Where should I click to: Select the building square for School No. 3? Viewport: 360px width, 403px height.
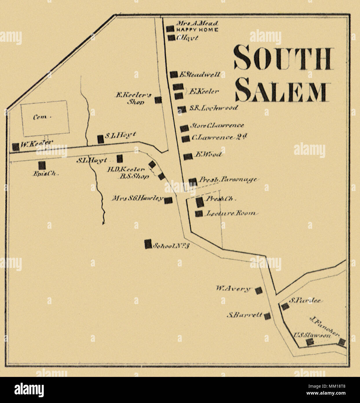coord(148,244)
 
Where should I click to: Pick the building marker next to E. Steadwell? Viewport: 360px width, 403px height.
coord(173,74)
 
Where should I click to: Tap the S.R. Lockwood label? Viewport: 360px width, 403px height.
coord(213,108)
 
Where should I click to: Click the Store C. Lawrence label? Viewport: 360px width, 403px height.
coord(217,126)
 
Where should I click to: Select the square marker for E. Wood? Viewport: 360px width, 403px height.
coord(188,157)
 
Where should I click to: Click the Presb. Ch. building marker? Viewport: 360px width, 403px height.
coord(200,202)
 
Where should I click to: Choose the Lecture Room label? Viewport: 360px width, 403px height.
coord(231,213)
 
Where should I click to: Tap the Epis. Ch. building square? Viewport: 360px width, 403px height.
coord(42,165)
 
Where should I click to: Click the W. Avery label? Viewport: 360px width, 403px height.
coord(233,288)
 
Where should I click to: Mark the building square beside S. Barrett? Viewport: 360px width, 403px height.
coord(268,316)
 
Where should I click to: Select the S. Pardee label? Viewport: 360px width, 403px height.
coord(305,301)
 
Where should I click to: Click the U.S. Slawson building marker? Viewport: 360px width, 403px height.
coord(310,342)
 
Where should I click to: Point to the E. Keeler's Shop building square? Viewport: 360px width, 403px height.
coord(158,100)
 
